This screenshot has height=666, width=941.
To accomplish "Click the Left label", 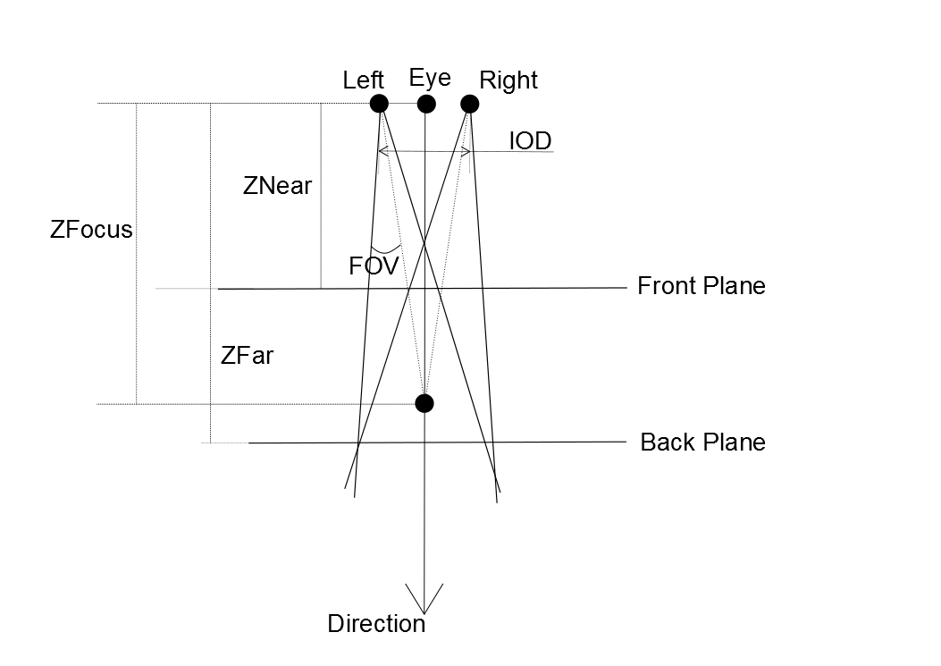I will coord(364,80).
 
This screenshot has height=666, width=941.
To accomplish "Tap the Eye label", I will coord(430,78).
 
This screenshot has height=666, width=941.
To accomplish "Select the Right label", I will coord(508,80).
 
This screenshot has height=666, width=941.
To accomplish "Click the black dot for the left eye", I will coord(379,104).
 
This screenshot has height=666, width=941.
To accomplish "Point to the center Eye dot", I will coord(426,104).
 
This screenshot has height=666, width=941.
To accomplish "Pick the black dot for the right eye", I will coord(469,104).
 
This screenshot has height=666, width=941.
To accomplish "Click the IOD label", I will coord(530,140).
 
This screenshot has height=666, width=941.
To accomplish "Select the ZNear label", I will coord(277,186).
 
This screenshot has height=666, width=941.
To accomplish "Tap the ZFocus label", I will coord(91,230).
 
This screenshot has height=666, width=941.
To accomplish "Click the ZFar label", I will coord(247,355).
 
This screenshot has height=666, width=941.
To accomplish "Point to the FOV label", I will coord(374,265).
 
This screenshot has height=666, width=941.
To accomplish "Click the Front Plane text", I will coord(702,286).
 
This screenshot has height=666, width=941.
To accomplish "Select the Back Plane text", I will coord(703,443).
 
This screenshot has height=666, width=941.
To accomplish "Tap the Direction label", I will coord(376,623).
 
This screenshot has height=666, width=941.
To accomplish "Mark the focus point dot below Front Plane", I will coord(424,403).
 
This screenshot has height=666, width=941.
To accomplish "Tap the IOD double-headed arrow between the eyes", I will coord(424,151).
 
